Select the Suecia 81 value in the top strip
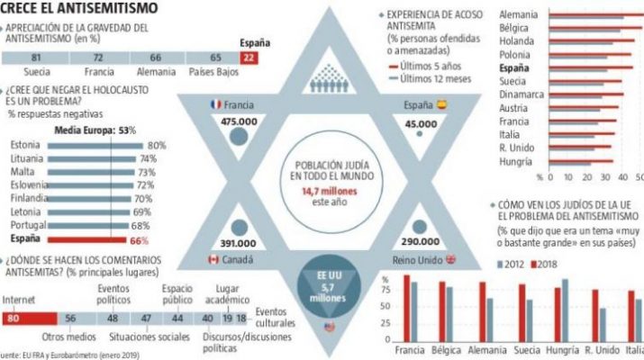click(x=35, y=58)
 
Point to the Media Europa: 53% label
click(x=95, y=130)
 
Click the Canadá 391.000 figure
click(x=239, y=243)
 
